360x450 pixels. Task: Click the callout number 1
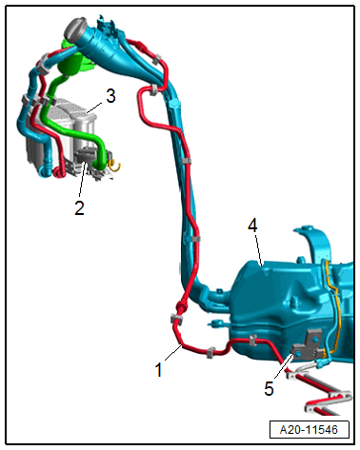tap(158, 369)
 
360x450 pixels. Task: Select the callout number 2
tap(79, 207)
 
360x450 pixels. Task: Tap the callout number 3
tap(110, 96)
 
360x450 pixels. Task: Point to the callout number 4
tap(252, 225)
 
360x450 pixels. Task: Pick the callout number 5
tap(269, 388)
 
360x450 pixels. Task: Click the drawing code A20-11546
tap(309, 430)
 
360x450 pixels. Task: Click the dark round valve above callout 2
tap(85, 155)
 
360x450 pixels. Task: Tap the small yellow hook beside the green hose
tap(115, 165)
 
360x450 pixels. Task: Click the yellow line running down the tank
tap(332, 307)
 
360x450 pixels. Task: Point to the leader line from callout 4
tap(258, 249)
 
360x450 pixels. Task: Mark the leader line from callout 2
tap(82, 180)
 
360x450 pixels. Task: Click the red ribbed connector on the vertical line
tap(183, 306)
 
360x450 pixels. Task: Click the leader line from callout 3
tap(94, 108)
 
